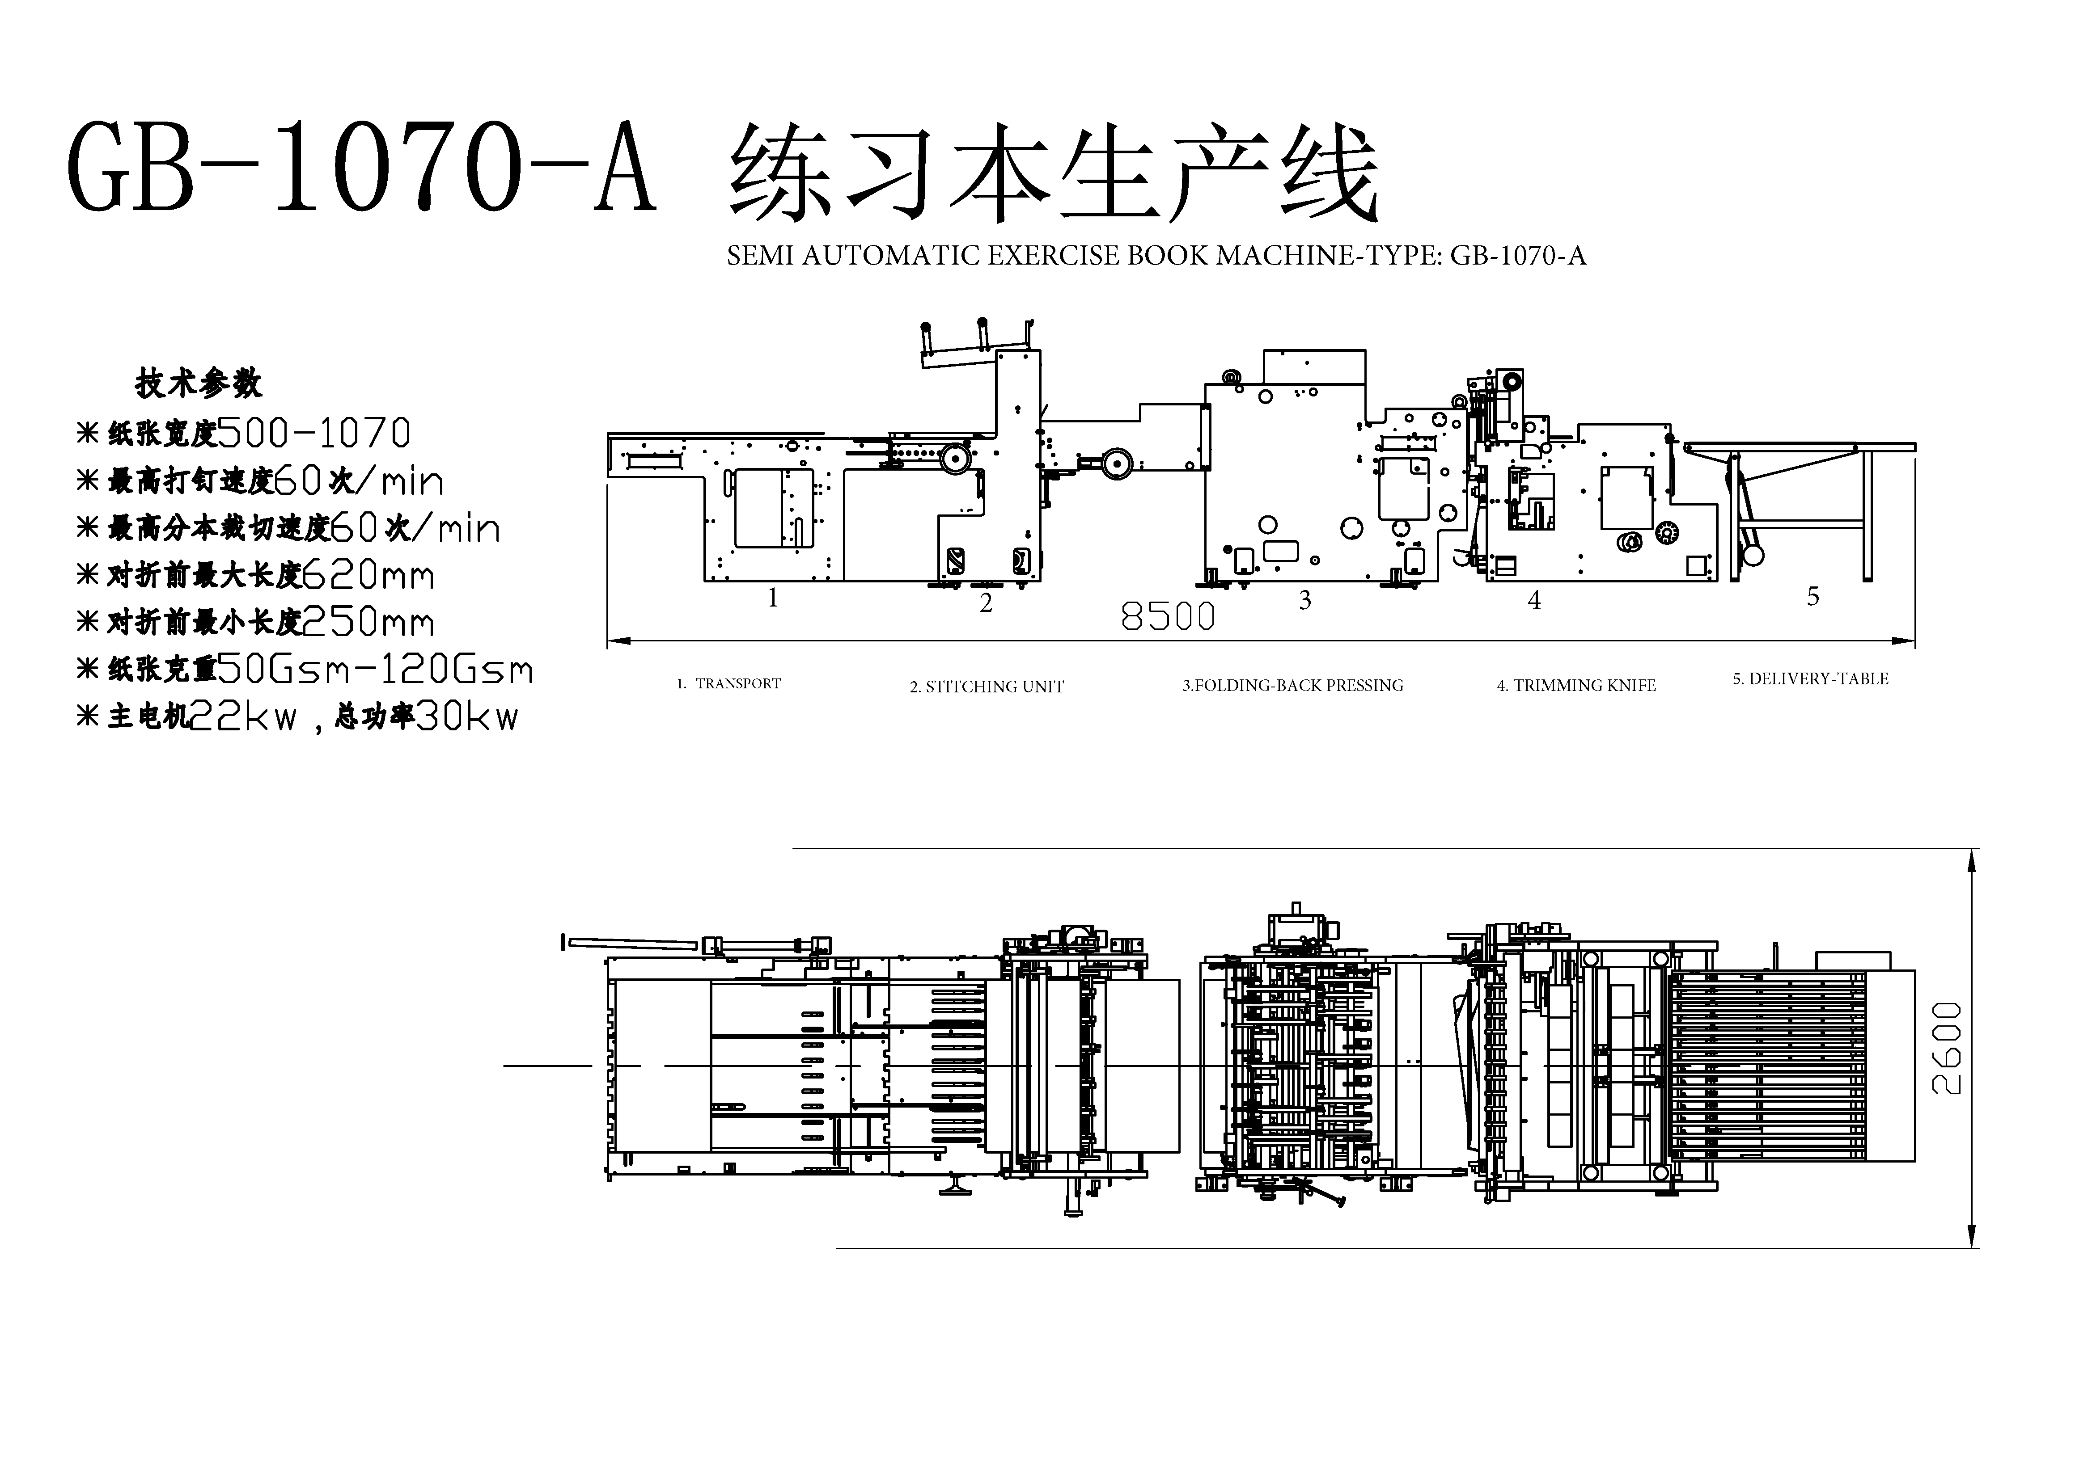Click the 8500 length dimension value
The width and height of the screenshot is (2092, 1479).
[1167, 616]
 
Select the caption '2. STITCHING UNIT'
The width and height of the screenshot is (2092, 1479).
[987, 687]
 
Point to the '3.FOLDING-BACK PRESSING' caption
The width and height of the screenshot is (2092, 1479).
[1293, 685]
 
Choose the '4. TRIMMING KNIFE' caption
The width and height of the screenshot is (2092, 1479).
[1576, 685]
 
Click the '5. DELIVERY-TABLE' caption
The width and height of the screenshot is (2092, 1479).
[1810, 678]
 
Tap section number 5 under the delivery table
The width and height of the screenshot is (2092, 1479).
[1813, 597]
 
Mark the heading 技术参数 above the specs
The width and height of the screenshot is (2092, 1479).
[199, 383]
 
